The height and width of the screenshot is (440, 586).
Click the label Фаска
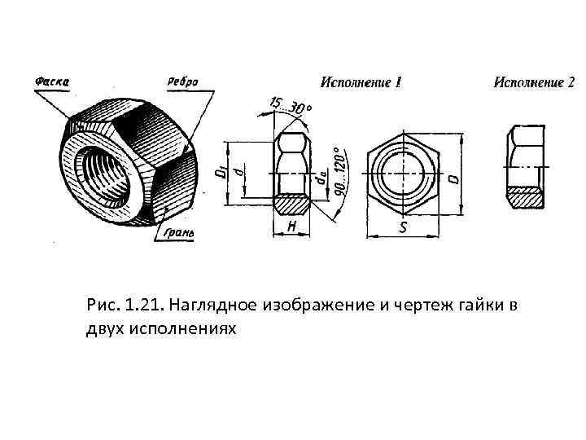coord(51,81)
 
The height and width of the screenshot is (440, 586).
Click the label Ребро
coord(182,81)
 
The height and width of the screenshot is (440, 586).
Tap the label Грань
coord(177,233)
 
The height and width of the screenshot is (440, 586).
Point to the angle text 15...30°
coord(291,107)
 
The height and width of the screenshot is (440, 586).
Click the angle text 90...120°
coord(339,171)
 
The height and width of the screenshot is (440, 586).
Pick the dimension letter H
coord(291,227)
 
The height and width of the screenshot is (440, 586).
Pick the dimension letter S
coord(402,228)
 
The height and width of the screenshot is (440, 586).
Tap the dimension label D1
coord(220,173)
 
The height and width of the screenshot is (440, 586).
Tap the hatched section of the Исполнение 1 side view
coord(291,201)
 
